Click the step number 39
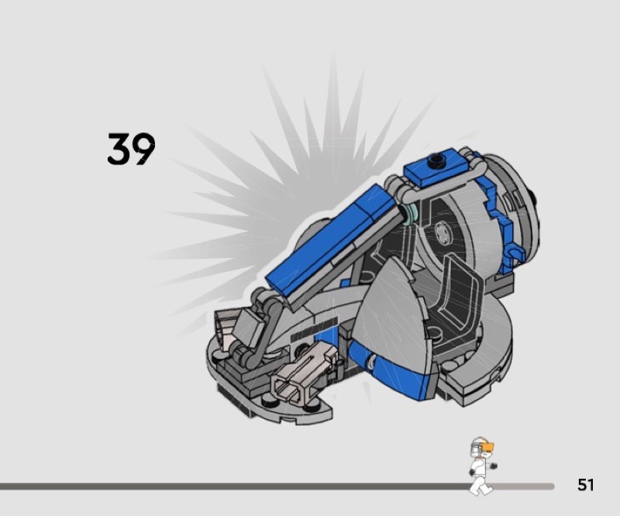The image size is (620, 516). (131, 149)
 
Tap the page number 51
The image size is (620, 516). (585, 485)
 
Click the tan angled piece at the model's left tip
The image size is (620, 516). (230, 325)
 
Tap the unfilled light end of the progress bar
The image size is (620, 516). (527, 487)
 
